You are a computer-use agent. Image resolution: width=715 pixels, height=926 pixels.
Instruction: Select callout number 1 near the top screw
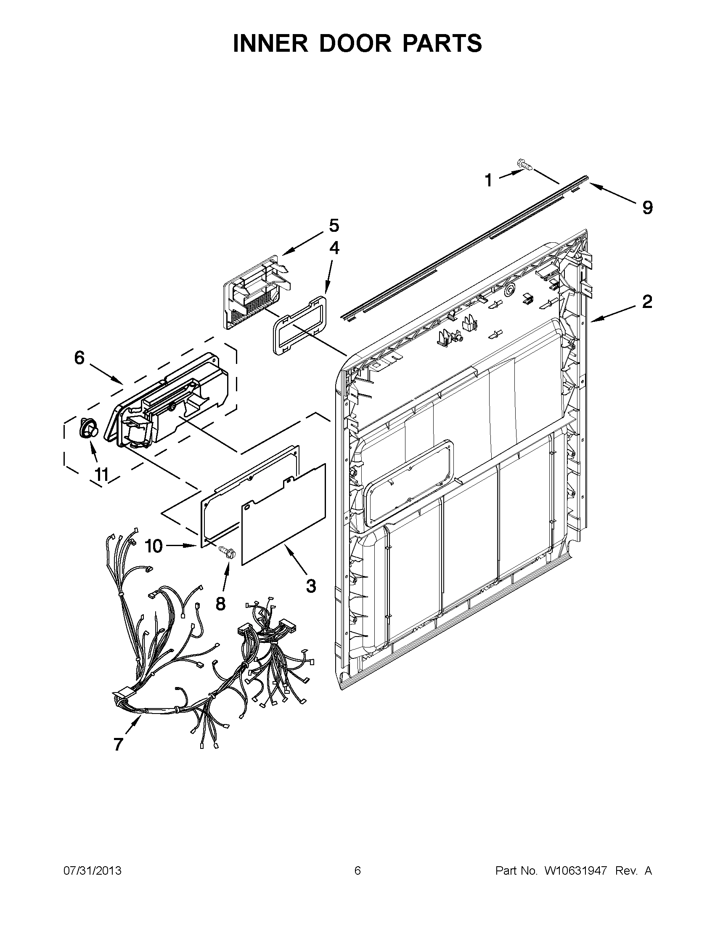coord(489,180)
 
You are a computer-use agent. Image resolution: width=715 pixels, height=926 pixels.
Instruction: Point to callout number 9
coord(647,208)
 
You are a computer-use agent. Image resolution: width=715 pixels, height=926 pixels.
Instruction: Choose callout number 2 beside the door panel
coord(647,302)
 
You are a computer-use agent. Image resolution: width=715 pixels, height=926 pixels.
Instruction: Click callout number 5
coord(334,226)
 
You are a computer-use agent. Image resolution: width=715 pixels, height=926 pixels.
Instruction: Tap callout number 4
coord(334,248)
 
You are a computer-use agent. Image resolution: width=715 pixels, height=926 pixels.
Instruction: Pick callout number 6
coord(79,358)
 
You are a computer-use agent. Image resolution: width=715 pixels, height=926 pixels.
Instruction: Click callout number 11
coord(102,475)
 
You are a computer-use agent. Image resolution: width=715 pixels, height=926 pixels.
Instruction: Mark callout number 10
coord(154,546)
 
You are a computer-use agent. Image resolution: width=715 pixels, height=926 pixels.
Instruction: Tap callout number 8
coord(220,604)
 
